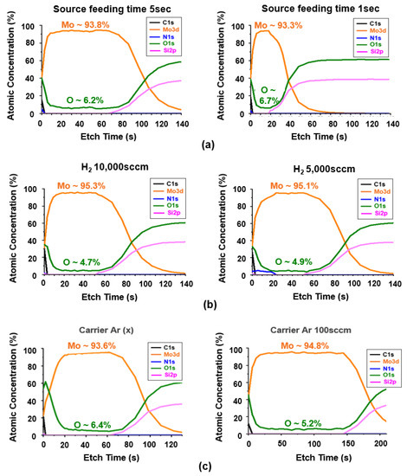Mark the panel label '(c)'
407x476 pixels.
point(201,466)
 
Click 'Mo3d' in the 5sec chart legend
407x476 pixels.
point(184,31)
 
